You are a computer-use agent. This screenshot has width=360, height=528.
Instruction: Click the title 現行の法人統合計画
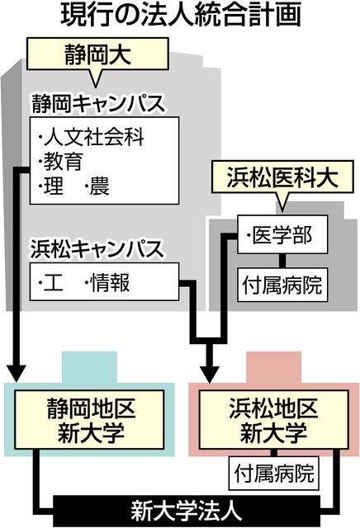180,15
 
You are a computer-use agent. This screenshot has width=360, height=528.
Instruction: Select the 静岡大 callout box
97,54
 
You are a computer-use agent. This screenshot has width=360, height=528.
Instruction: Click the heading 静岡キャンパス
98,103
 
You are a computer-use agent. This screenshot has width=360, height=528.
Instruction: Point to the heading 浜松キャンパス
97,249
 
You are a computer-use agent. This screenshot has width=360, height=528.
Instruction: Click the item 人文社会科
91,137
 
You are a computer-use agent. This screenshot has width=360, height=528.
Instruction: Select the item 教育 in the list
60,162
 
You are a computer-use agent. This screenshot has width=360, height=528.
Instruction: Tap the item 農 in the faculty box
97,186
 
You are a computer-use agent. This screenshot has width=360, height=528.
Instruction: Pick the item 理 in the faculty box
51,186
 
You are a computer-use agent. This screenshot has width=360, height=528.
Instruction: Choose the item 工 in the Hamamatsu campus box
51,282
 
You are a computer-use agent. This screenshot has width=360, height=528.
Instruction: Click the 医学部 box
282,234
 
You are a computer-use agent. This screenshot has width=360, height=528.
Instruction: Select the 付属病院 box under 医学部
282,285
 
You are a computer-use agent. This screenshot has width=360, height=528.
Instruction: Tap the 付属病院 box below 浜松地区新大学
273,473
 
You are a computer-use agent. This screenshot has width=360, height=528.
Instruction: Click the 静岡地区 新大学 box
89,420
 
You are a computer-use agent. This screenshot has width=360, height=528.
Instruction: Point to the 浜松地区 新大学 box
273,420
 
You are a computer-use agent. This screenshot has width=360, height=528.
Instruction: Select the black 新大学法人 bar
187,511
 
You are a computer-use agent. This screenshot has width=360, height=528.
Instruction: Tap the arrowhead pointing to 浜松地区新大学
210,372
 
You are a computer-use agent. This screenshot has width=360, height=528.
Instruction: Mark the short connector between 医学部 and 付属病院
282,261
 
